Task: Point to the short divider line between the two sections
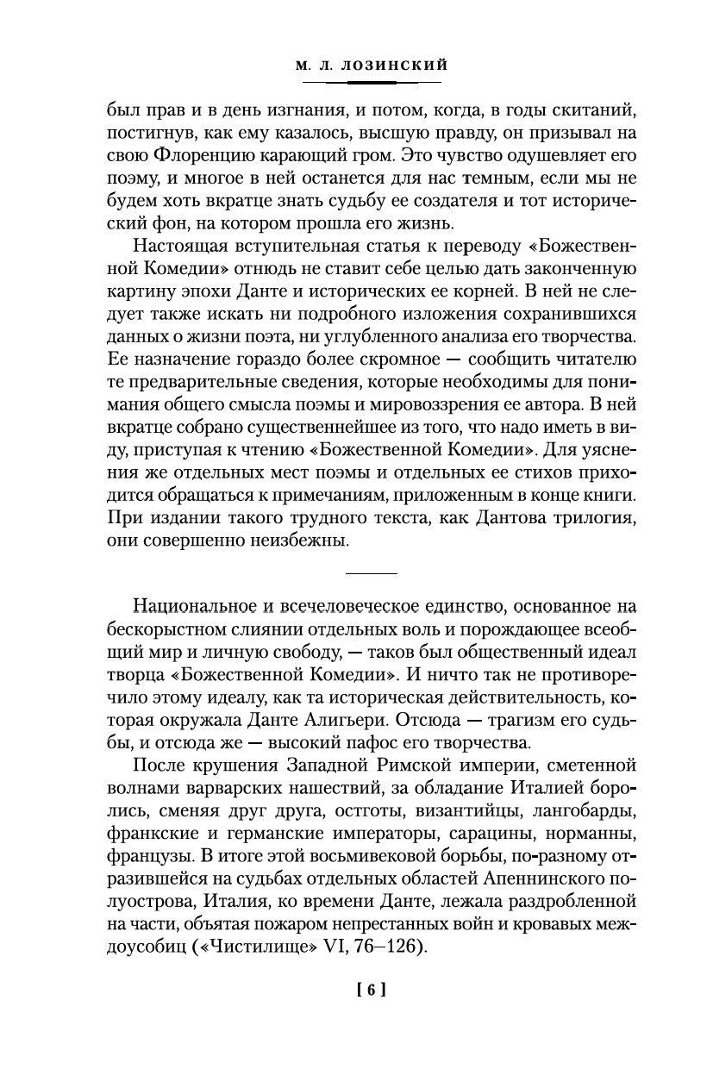(371, 573)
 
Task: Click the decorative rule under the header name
(372, 82)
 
